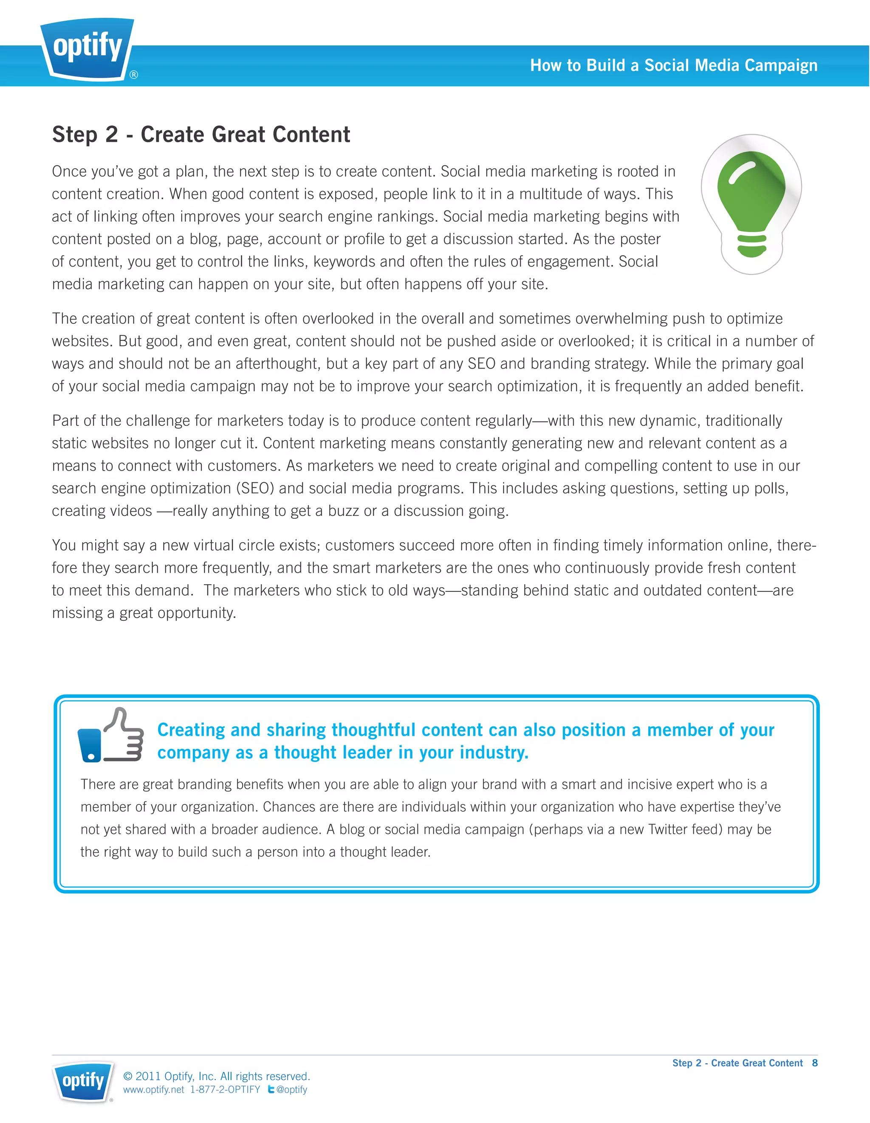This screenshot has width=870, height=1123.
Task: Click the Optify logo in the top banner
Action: pos(88,49)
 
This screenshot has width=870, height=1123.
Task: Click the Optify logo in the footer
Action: pos(82,1081)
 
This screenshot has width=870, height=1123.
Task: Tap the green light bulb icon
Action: pos(751,204)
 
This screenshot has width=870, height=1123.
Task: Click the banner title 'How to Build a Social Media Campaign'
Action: pos(673,65)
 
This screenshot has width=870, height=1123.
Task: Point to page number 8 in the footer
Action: pos(814,1063)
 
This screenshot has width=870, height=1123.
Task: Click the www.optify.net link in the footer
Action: pos(153,1089)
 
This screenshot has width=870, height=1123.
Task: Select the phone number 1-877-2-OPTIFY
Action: pos(225,1089)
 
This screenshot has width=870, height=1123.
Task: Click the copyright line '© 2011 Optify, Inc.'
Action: pos(216,1076)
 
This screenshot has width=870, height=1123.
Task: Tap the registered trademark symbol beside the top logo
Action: pos(134,75)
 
